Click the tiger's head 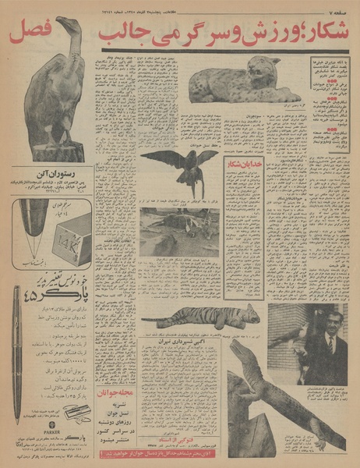click(x=248, y=314)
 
